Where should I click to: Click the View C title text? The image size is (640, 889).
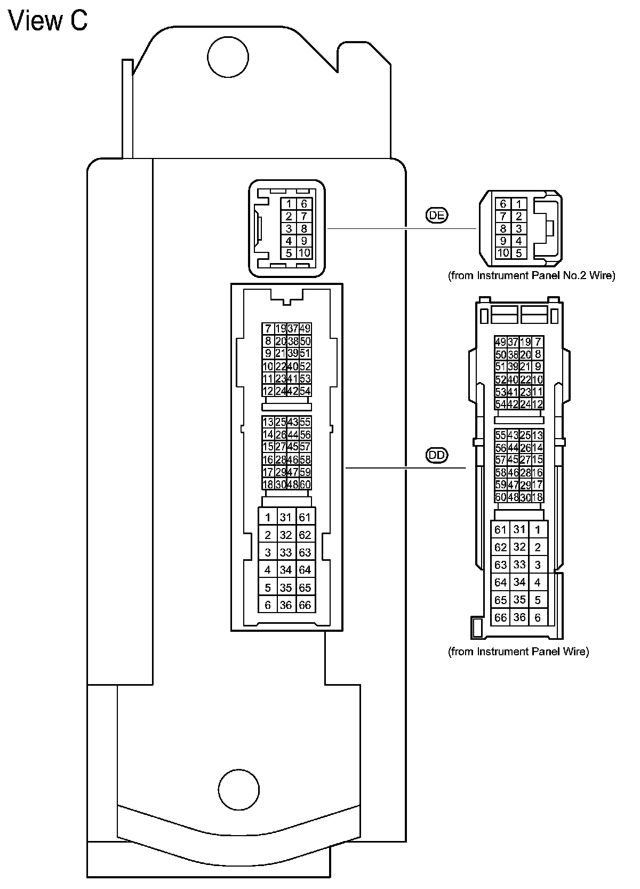[x=49, y=21]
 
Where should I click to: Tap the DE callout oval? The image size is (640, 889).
[x=437, y=216]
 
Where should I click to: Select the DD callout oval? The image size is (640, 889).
[x=437, y=455]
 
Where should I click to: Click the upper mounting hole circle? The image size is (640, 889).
[x=228, y=57]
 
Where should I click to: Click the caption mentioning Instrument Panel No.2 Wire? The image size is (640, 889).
[x=532, y=276]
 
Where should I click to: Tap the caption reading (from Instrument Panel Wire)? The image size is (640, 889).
[x=518, y=652]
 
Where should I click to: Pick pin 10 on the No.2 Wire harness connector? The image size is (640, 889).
[x=503, y=253]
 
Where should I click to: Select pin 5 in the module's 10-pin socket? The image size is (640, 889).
[x=289, y=253]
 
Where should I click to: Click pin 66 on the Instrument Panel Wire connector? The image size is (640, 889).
[x=500, y=617]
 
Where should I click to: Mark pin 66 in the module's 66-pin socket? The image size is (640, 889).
[x=305, y=605]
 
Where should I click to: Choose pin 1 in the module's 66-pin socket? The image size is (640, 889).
[x=268, y=517]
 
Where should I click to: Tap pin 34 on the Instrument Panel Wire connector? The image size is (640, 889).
[x=519, y=582]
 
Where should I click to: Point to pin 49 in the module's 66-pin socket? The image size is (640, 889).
[x=305, y=329]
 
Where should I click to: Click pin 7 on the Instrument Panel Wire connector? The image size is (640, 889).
[x=538, y=342]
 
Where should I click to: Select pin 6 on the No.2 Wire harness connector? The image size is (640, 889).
[x=503, y=204]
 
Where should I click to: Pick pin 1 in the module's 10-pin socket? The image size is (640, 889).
[x=289, y=204]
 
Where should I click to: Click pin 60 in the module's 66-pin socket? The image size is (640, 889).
[x=305, y=485]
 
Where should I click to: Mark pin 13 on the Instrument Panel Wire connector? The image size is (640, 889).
[x=538, y=435]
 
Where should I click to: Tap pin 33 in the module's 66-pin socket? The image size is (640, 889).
[x=286, y=552]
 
